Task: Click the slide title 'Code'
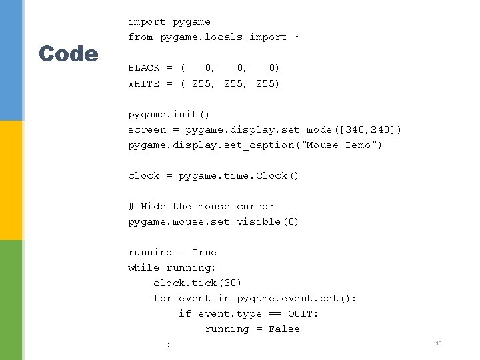coord(68,53)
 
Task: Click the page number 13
coord(439,343)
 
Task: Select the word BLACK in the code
coord(144,67)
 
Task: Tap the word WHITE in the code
coord(144,83)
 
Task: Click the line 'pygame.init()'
coord(169,114)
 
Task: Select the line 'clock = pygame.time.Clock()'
coord(213,175)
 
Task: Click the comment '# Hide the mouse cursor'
coord(201,206)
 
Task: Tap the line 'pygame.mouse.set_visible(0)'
coord(213,221)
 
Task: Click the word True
coord(204,252)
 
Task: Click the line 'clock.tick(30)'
coord(197,283)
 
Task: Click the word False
coord(284,329)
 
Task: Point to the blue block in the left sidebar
coord(11,60)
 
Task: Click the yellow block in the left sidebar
coord(11,180)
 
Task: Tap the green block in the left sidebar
coord(11,300)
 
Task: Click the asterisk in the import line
coord(297,37)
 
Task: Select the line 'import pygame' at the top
coord(169,22)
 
